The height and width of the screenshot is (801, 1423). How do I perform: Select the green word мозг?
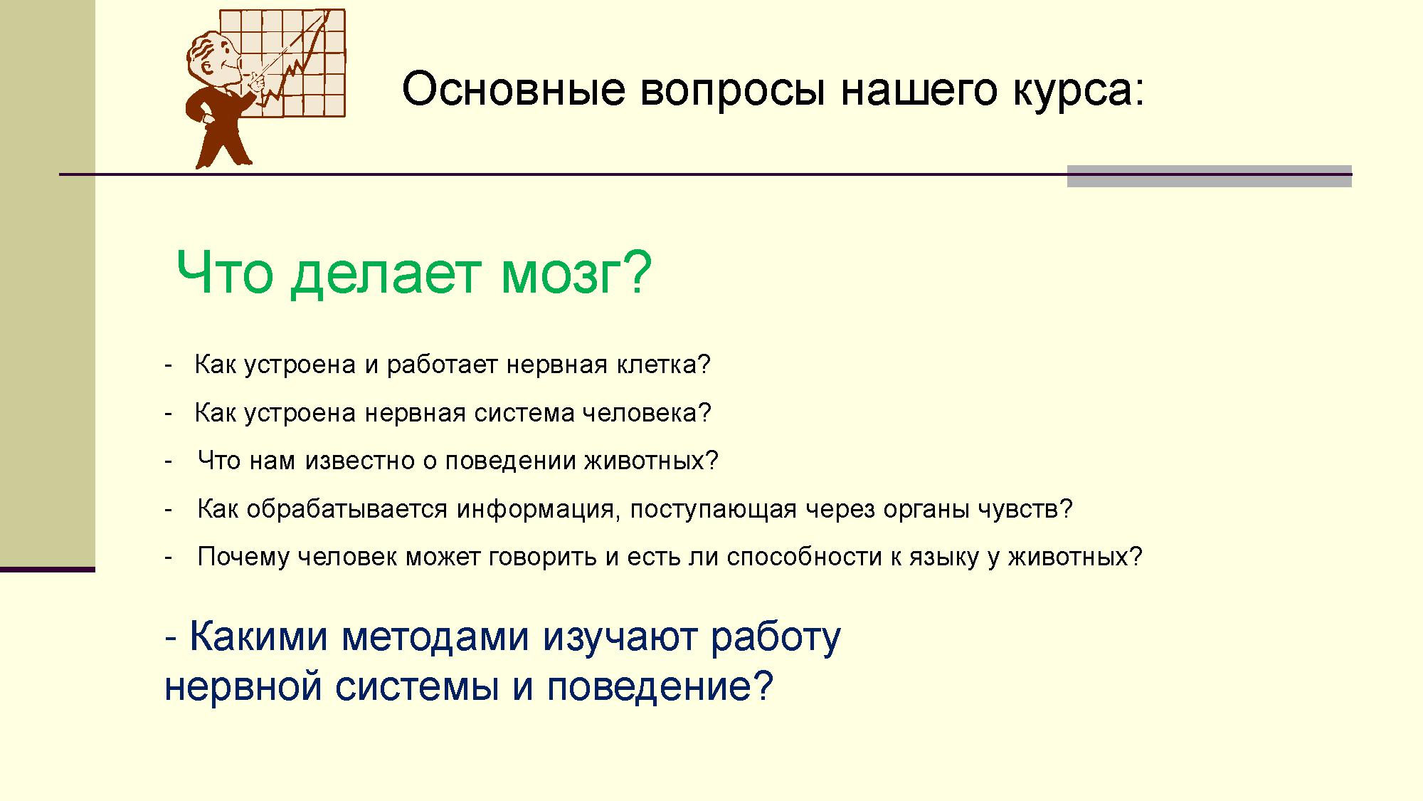pyautogui.click(x=576, y=274)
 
